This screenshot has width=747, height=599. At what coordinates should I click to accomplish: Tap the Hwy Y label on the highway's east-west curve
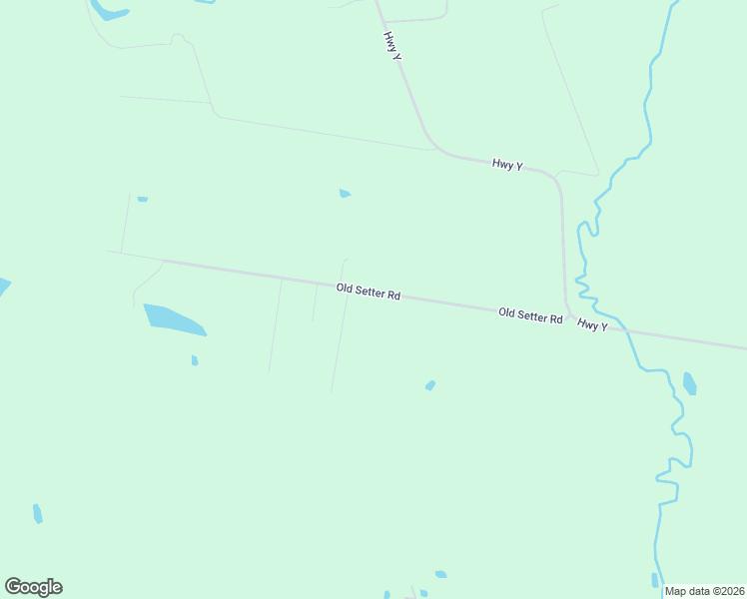coord(507,165)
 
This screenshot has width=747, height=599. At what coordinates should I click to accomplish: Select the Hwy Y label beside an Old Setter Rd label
coord(591,325)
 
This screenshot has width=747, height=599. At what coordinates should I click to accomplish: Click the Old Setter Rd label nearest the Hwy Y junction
coord(530,315)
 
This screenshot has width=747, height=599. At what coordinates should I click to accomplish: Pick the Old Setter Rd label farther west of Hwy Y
coord(369,292)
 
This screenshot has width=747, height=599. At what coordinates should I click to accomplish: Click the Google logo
coord(33,587)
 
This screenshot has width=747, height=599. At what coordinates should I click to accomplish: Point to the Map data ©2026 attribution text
coord(704,591)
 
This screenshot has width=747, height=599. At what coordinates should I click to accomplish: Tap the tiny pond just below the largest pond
coord(195,360)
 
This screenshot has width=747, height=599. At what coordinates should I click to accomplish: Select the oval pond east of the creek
coord(689,383)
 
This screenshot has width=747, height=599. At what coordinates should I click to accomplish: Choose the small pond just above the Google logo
coord(38,513)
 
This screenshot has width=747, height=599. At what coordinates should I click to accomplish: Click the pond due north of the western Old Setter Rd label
coord(345,194)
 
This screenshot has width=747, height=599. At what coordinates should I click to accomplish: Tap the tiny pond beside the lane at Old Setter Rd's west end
coord(143,200)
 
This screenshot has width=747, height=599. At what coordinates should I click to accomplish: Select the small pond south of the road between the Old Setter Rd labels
coord(430,385)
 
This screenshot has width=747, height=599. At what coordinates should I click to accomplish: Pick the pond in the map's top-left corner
coord(108,11)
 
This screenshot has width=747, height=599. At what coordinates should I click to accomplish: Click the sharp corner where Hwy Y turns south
coord(555,180)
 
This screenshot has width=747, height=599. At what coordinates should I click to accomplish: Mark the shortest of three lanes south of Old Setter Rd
coord(315,302)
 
